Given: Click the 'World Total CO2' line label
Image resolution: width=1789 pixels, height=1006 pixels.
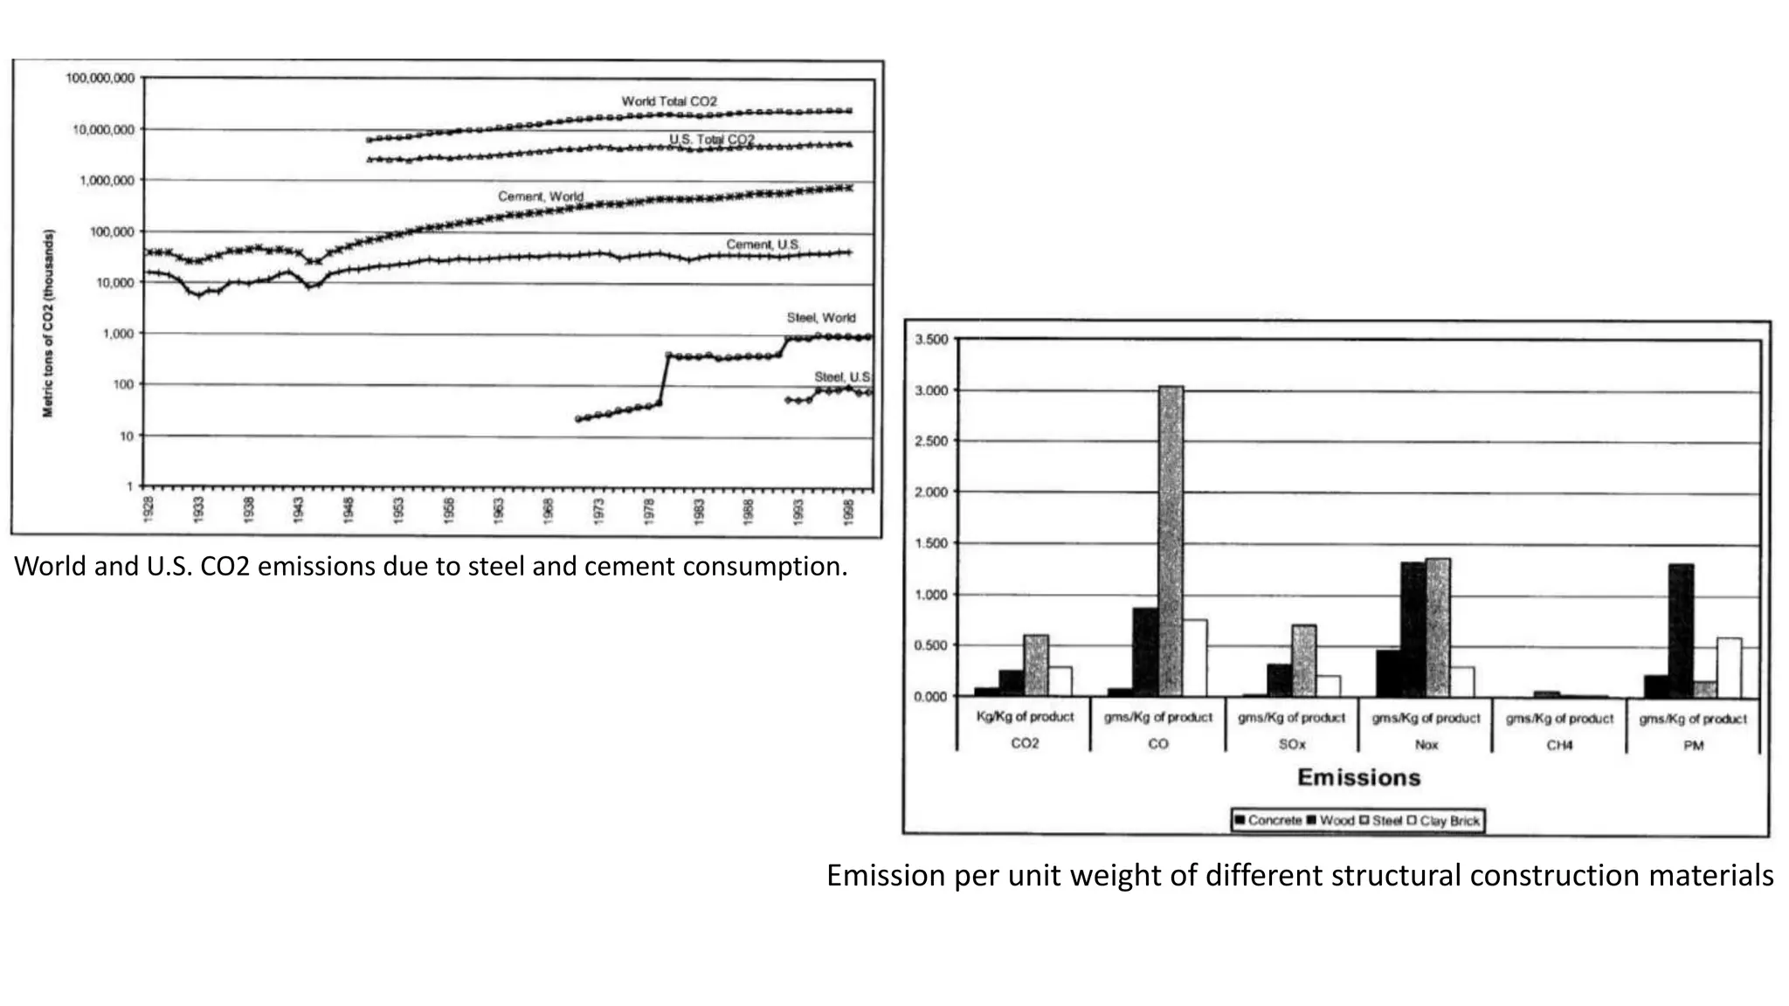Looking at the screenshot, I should coord(669,102).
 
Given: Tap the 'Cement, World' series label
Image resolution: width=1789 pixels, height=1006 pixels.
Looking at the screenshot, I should coord(541,196).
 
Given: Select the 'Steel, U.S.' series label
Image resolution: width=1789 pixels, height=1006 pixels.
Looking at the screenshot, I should coord(842,377).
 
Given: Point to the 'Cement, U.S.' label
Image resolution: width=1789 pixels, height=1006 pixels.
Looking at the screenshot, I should coord(763,245).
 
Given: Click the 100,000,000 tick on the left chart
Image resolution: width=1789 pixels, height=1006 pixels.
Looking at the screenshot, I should coord(100,79).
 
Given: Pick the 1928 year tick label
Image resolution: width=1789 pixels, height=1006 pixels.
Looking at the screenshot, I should coord(149,506).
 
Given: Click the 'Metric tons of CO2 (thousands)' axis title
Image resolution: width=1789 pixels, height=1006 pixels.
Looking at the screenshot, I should coord(49,323).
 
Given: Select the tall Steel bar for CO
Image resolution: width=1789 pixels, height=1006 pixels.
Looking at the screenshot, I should coord(1171,541).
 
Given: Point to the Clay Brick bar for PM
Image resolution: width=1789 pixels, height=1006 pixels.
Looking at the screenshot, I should coord(1729,668).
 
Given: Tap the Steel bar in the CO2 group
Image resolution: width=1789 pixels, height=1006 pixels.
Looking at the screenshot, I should coord(1036,665).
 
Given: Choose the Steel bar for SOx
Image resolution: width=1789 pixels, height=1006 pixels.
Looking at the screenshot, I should coord(1303,660).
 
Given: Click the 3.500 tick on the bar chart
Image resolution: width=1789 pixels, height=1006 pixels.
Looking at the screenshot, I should coord(931,340).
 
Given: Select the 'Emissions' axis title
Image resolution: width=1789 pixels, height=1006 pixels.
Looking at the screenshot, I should coord(1358,777).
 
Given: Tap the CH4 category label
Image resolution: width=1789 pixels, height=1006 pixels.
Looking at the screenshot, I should coord(1559,745).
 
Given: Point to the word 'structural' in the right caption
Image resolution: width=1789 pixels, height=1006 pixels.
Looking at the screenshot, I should coord(1393,875).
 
